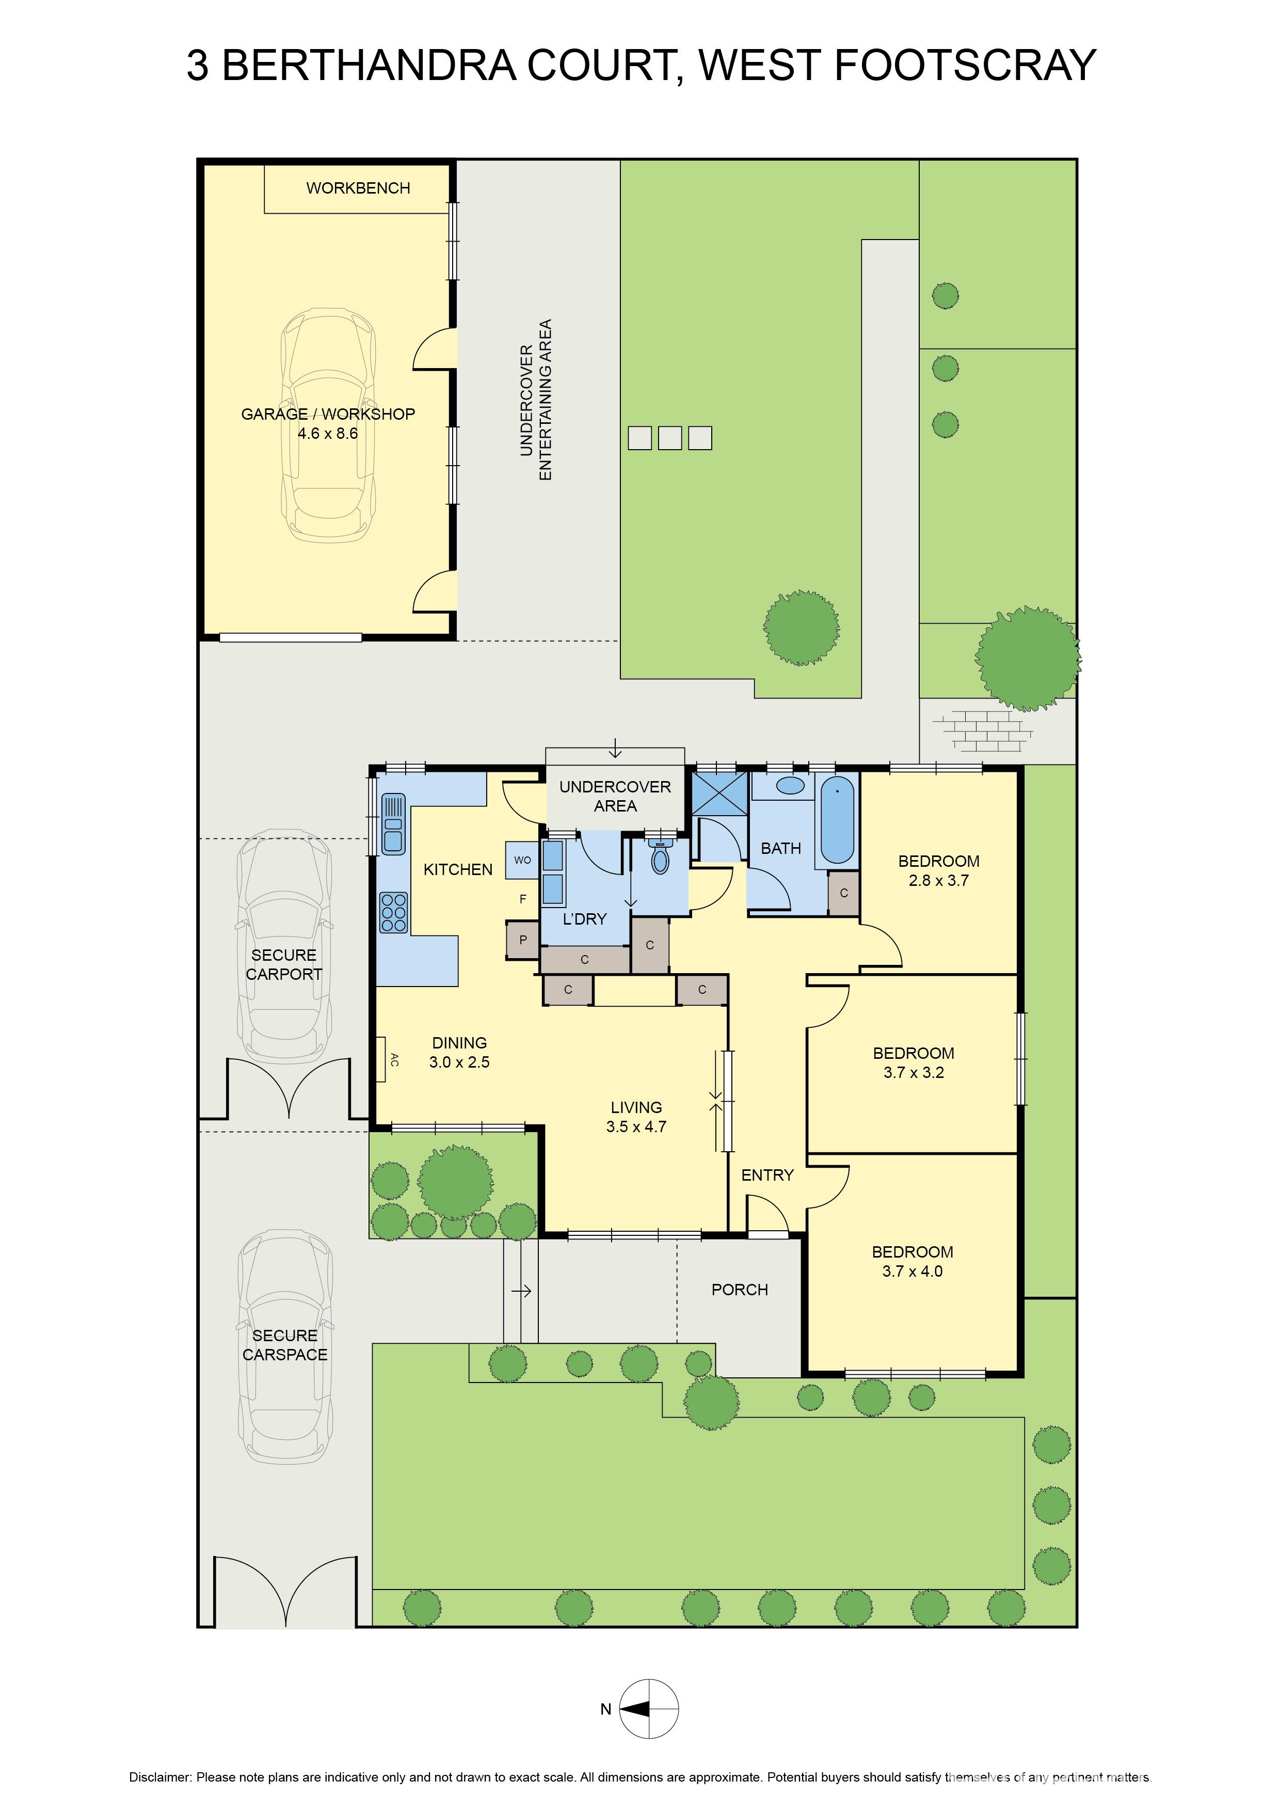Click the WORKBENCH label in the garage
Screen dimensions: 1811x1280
(x=358, y=188)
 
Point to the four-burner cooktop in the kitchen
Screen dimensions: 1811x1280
(x=393, y=912)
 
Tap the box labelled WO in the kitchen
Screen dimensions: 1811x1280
(x=522, y=860)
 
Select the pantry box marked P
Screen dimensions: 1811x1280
(x=522, y=940)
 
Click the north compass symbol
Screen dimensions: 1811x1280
(x=648, y=1708)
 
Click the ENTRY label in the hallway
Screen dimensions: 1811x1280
(x=766, y=1175)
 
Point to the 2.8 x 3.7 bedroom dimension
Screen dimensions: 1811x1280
(x=938, y=881)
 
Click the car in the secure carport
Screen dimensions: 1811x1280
(x=284, y=946)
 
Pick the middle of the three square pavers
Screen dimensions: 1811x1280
(x=669, y=438)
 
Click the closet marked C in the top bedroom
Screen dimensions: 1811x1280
(x=843, y=894)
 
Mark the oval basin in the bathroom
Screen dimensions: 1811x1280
(x=790, y=786)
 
